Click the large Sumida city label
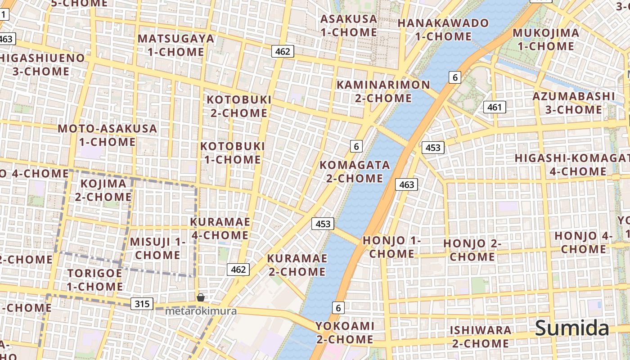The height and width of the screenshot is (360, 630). coord(572,328)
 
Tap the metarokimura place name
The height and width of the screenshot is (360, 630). coord(201,311)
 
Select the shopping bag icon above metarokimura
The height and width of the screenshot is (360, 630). coord(201,297)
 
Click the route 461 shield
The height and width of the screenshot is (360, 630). coord(495,107)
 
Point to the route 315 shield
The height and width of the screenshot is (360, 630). coord(142,304)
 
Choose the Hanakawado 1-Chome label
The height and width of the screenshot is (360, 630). coord(443,30)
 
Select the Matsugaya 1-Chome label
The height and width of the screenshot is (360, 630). coord(176,45)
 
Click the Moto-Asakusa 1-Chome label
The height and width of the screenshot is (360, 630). coord(108,135)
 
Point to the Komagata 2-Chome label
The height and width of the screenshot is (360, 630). coord(355,171)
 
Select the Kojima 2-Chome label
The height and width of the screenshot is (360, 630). coord(103,190)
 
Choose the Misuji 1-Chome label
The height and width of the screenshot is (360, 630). coord(157,248)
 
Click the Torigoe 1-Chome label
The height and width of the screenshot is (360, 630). coord(94,280)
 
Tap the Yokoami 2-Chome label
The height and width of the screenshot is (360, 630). coord(344,333)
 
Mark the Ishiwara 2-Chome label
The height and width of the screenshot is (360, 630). coord(481,337)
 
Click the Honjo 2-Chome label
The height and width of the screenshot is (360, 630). coord(472,250)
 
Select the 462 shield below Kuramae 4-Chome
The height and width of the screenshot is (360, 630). coord(238,269)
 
